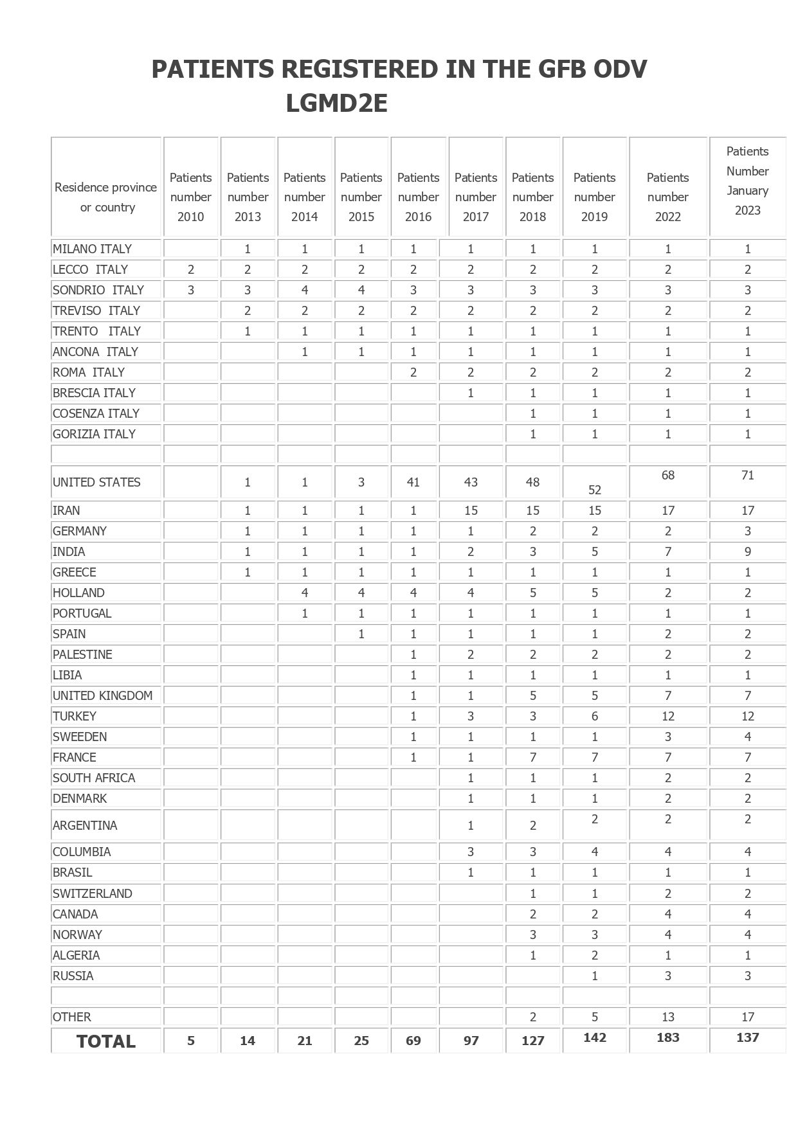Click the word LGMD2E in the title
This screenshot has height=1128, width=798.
click(336, 103)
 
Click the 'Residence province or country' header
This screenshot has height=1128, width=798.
click(106, 197)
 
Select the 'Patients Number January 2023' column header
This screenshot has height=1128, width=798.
click(747, 181)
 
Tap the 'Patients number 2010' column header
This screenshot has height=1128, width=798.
click(190, 197)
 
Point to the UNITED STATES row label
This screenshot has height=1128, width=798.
click(96, 482)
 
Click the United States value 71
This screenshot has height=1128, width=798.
click(747, 475)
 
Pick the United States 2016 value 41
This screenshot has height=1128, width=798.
click(413, 482)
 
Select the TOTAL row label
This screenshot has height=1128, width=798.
click(106, 1041)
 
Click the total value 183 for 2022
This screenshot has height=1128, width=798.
click(667, 1037)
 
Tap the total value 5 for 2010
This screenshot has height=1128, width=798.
click(191, 1041)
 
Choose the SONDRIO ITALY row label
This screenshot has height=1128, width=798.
click(98, 290)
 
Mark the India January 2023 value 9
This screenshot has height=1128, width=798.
click(747, 551)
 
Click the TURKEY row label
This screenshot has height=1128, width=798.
click(75, 716)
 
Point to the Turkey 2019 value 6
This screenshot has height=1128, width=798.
click(594, 716)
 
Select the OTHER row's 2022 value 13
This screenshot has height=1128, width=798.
click(667, 1017)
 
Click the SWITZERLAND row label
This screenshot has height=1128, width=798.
click(93, 893)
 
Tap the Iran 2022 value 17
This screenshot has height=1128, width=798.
click(667, 510)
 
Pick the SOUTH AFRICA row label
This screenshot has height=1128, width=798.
click(94, 778)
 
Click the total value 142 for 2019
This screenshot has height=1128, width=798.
click(594, 1037)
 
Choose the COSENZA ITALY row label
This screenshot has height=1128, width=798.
click(96, 413)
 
